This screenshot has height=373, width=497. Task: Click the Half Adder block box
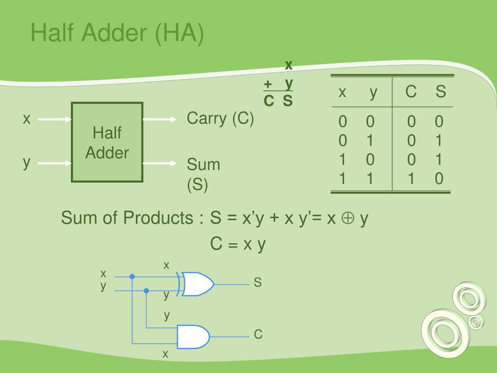point(107,142)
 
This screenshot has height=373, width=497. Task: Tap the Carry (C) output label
point(220,119)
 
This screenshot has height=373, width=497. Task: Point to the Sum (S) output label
point(204,174)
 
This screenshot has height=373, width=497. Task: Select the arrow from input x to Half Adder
point(54,119)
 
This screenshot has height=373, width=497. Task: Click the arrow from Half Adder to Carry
point(160,119)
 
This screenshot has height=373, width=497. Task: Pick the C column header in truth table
point(411,92)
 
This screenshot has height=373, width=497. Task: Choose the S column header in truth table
point(440,92)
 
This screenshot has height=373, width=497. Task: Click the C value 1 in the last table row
point(411,179)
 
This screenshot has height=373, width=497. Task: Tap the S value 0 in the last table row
point(439,179)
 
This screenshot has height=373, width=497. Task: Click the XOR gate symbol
point(196,284)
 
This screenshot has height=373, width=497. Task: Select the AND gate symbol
point(194,336)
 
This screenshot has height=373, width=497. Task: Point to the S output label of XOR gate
point(258,282)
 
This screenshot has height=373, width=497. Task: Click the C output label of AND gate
point(258,334)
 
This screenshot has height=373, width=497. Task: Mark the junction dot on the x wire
point(132,276)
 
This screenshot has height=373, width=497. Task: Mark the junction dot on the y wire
point(147,290)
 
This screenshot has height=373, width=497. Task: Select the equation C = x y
point(238,244)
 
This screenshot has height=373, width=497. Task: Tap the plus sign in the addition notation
point(267,85)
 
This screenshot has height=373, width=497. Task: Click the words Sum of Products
point(127,219)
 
